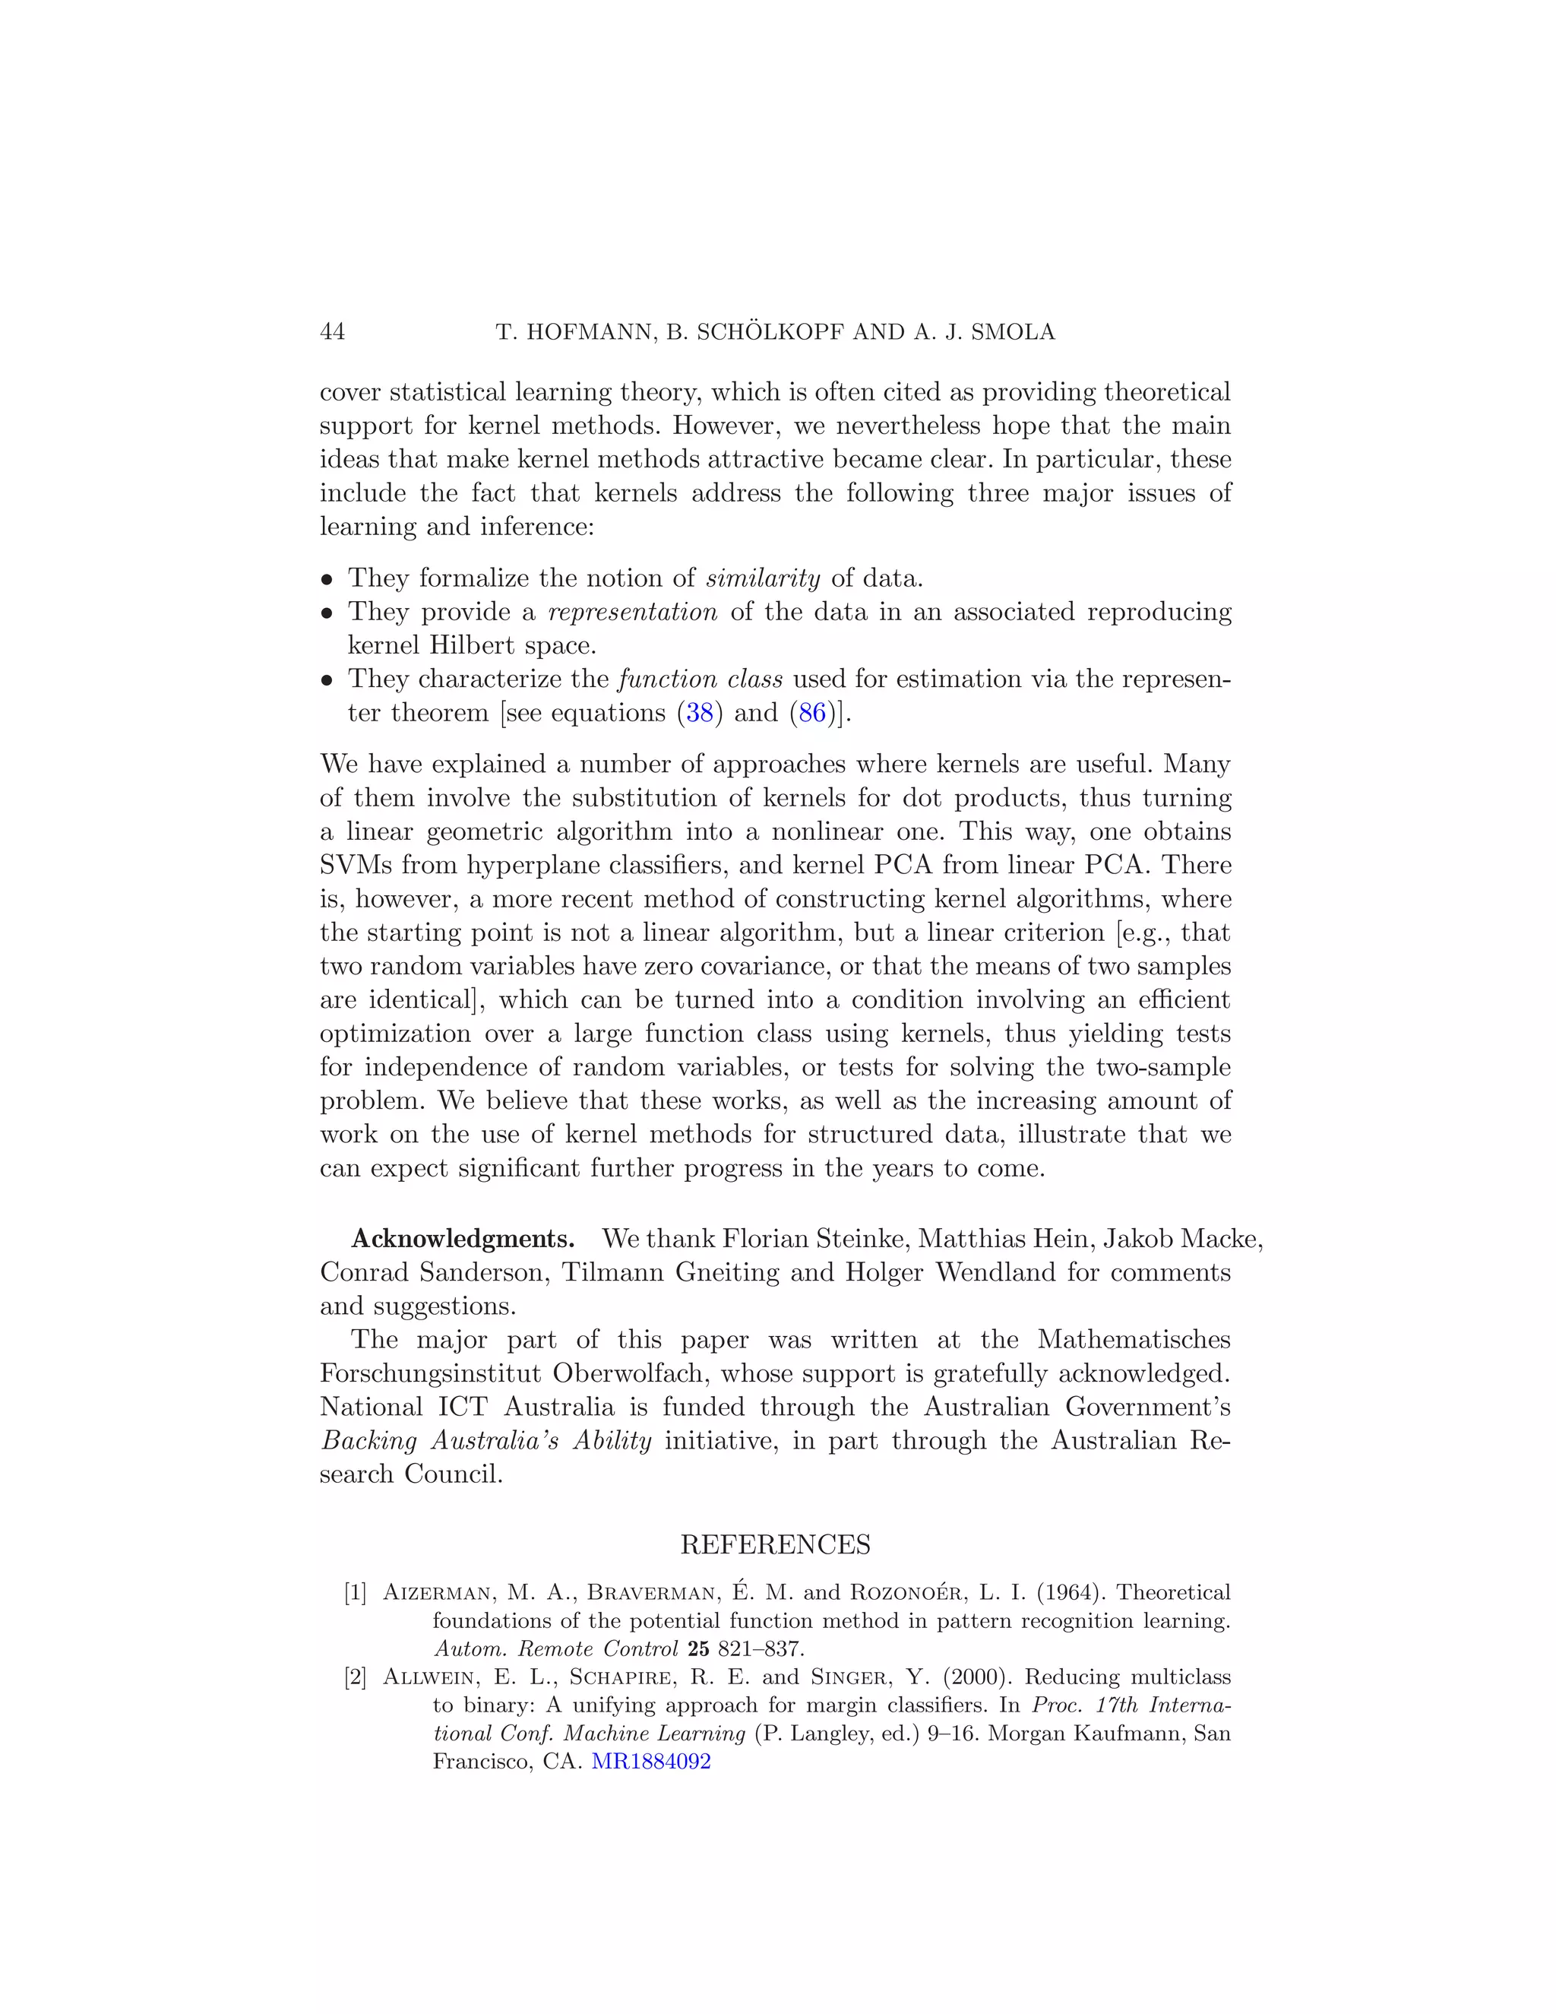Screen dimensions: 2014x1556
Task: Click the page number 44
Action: tap(332, 332)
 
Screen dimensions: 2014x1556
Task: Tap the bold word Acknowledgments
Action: tap(463, 1239)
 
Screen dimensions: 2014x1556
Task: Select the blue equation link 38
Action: tap(700, 713)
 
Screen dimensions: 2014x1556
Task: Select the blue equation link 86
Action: tap(812, 713)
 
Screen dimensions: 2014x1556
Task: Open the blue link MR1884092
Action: tap(651, 1762)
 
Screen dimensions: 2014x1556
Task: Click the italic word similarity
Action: tap(762, 578)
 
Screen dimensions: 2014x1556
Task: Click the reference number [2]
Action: tap(355, 1677)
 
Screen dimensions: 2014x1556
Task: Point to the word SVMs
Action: tap(352, 865)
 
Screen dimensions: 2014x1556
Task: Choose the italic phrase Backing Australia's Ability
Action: tap(485, 1440)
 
